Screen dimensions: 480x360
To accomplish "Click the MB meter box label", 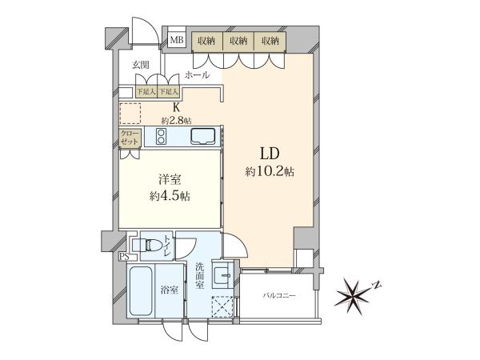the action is (176, 40).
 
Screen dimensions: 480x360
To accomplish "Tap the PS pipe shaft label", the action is (124, 257).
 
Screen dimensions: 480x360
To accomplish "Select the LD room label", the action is (270, 154).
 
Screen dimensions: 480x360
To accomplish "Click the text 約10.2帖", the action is (270, 171).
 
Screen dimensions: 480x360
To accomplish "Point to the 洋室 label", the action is (170, 179).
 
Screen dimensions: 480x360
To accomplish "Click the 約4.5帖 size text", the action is (170, 196).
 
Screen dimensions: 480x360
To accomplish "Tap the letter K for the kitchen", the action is (176, 107).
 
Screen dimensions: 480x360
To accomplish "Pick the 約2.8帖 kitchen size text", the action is (176, 121).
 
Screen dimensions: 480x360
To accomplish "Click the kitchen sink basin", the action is (202, 136).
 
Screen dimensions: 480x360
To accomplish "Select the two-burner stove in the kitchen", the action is (161, 136).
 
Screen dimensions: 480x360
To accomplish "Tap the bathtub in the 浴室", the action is (141, 291).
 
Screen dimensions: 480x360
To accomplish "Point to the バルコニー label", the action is (279, 296).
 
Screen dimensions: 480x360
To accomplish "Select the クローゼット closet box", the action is (130, 138).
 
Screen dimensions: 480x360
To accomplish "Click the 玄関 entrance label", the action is (141, 65).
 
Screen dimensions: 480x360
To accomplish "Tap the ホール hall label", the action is (198, 74).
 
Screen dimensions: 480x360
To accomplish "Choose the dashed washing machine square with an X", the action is (222, 306).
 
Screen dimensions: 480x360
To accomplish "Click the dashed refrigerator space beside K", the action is (130, 114).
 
